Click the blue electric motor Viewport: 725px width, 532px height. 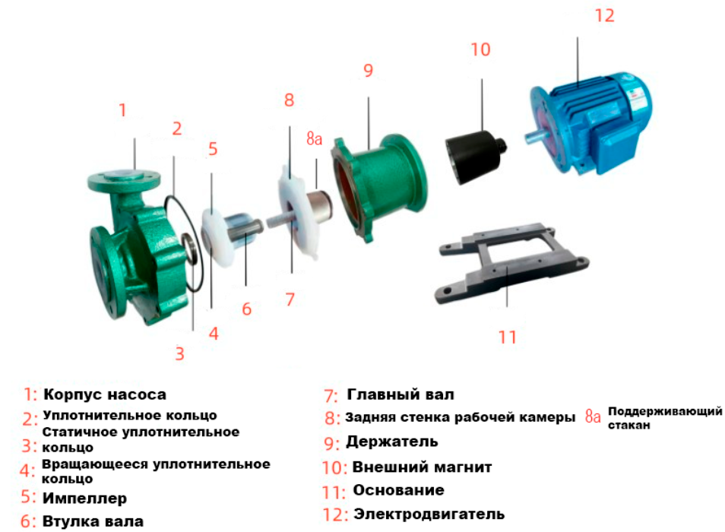coord(592,122)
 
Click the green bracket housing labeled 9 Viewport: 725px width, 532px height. coord(379,186)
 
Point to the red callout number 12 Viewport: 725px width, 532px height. coord(604,16)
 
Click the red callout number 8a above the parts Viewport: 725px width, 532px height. coord(314,138)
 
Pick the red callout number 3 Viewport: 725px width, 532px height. coord(179,353)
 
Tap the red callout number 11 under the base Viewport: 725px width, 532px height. coord(507,337)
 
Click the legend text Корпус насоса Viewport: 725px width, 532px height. coord(105,394)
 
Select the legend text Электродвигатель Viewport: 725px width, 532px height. coord(429,514)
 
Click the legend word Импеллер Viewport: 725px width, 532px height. coord(84,499)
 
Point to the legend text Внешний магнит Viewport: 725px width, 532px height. coord(422,467)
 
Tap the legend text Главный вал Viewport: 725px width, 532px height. coord(400,394)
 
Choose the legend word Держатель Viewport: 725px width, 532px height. coord(391,442)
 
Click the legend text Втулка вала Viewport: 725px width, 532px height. coord(93,521)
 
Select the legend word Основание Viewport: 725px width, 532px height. coord(398,490)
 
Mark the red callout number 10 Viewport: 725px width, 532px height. coord(480,49)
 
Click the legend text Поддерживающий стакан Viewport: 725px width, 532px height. coord(665,418)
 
